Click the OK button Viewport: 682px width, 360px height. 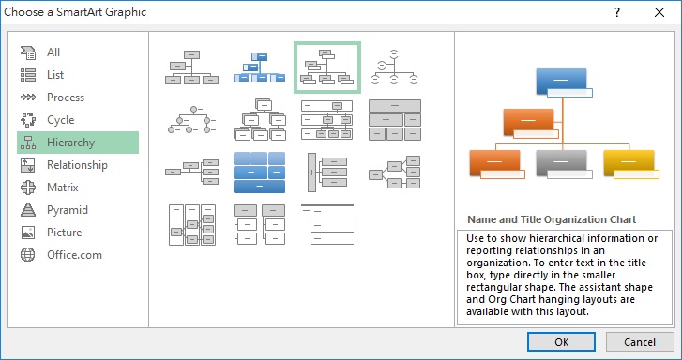[561, 342]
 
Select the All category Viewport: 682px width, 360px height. [53, 52]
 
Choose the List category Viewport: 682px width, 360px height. [55, 75]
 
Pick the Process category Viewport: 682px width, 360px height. [65, 97]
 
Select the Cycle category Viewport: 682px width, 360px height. [60, 120]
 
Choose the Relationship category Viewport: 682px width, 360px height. [77, 165]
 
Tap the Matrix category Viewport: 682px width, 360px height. [62, 187]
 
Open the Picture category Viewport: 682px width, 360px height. [64, 232]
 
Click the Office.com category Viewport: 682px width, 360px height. [74, 255]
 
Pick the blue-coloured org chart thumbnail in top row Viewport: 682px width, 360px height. [258, 67]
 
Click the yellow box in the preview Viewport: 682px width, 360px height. [628, 162]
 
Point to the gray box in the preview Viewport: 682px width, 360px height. [561, 162]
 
